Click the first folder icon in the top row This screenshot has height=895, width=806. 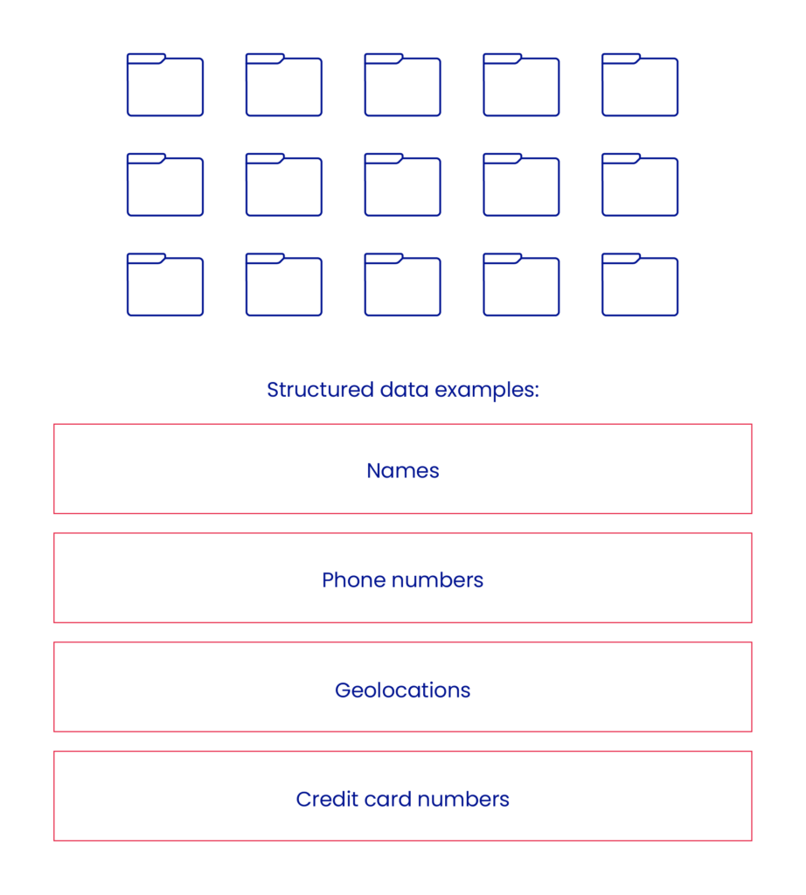pyautogui.click(x=165, y=85)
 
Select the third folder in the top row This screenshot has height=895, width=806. pyautogui.click(x=403, y=85)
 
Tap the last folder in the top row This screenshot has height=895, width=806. pyautogui.click(x=640, y=85)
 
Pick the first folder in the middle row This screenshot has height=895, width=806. pyautogui.click(x=165, y=184)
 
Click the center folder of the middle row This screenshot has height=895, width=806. pyautogui.click(x=403, y=184)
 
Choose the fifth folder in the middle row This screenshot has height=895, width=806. pyautogui.click(x=640, y=184)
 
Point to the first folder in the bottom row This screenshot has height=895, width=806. pyautogui.click(x=165, y=285)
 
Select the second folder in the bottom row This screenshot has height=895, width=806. pyautogui.click(x=284, y=285)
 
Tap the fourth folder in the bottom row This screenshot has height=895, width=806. pyautogui.click(x=521, y=285)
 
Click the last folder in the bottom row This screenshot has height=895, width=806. pyautogui.click(x=640, y=285)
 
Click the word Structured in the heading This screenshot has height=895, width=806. pyautogui.click(x=320, y=390)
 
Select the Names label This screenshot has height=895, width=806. pyautogui.click(x=403, y=470)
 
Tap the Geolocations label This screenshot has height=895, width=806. pyautogui.click(x=403, y=690)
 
